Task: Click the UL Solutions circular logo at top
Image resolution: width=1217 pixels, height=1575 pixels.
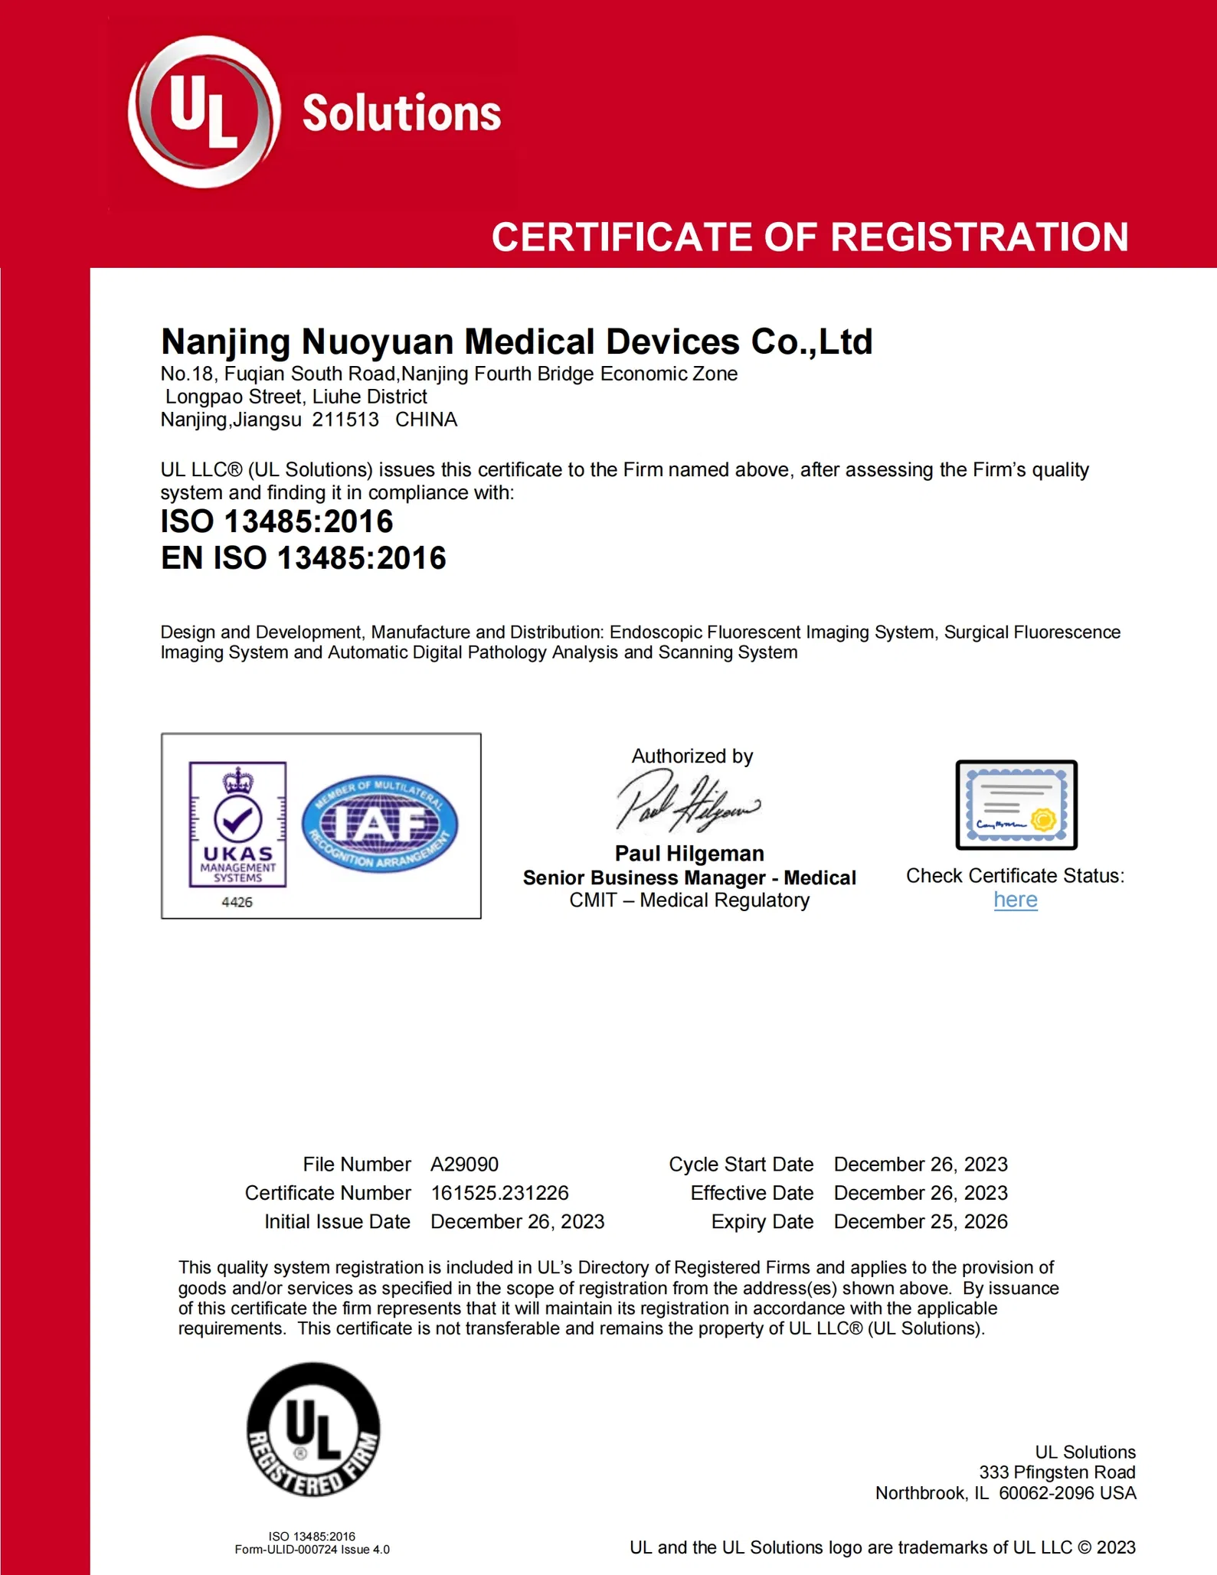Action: (204, 112)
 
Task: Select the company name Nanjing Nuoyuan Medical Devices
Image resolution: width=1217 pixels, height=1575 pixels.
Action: (516, 341)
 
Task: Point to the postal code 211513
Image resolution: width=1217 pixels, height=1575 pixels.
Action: (345, 420)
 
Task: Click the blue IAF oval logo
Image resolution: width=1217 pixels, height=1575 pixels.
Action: (380, 825)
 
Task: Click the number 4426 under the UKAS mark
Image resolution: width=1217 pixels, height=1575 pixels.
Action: (237, 902)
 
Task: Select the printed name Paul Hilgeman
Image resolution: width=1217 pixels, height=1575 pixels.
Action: (689, 854)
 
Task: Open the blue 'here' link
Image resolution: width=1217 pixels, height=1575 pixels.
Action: (1016, 900)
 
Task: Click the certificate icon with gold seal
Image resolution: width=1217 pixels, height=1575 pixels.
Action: (1016, 805)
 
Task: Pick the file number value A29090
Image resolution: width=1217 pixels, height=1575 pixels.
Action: (464, 1165)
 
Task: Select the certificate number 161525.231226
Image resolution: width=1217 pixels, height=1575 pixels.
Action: (499, 1193)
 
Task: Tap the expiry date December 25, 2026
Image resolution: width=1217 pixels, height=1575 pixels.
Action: (921, 1221)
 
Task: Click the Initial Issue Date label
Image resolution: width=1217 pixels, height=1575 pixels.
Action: (337, 1221)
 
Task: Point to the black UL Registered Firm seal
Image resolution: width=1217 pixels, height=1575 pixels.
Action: (313, 1430)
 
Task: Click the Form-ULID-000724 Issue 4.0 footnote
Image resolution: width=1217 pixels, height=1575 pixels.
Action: (312, 1550)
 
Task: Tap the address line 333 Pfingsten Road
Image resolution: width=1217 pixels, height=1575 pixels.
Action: (1057, 1472)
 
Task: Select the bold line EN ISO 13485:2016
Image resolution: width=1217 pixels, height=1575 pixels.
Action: (303, 558)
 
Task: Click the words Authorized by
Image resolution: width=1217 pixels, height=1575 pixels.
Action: (692, 756)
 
